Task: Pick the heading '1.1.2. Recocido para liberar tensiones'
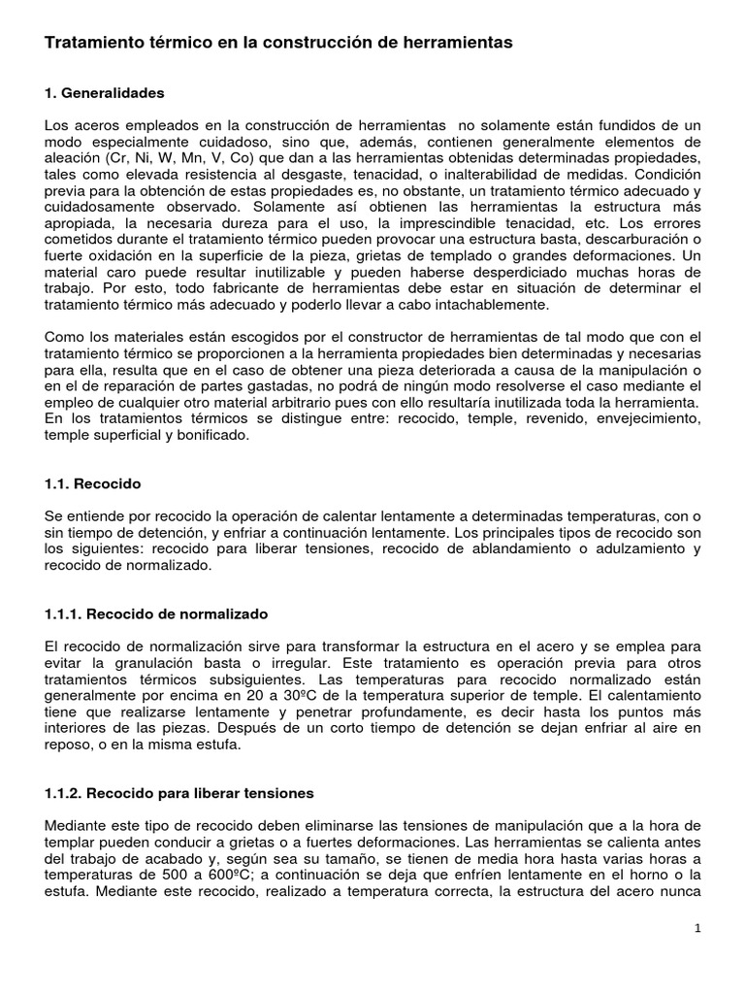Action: (x=179, y=793)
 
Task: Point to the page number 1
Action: (x=697, y=927)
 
